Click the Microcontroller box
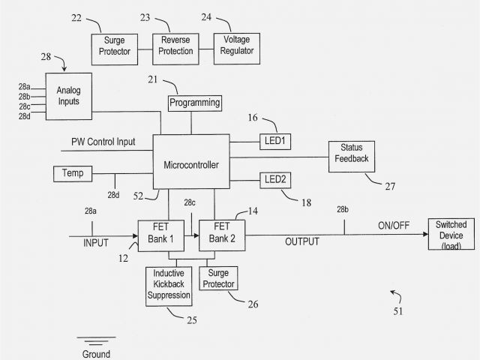191,163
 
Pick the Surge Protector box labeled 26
218,279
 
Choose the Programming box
194,102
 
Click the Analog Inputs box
68,97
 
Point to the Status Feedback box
351,154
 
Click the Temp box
72,174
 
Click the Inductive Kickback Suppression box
169,284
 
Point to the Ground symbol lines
96,341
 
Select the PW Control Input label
103,141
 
